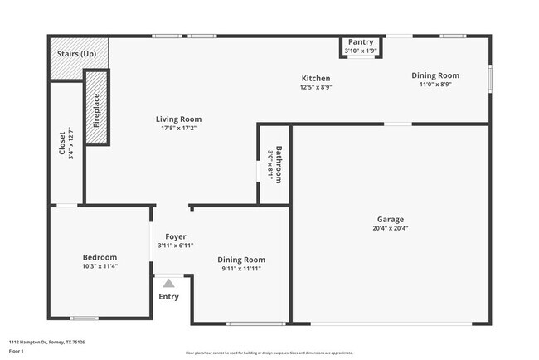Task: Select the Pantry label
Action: coord(361,42)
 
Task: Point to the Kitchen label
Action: coord(315,78)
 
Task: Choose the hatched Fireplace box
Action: coord(96,108)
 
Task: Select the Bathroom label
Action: coord(279,164)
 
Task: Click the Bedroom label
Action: coord(100,257)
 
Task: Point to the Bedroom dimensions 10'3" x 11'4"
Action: coord(100,266)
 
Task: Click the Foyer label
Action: coord(175,236)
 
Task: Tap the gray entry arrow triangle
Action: coord(168,283)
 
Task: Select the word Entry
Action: coord(168,297)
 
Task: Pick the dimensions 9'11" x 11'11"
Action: coord(241,269)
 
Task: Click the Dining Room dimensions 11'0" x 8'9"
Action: coord(435,85)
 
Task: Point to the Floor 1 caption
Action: coord(17,351)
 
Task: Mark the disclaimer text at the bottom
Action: coord(269,352)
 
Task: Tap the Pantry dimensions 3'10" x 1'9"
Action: coord(361,51)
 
